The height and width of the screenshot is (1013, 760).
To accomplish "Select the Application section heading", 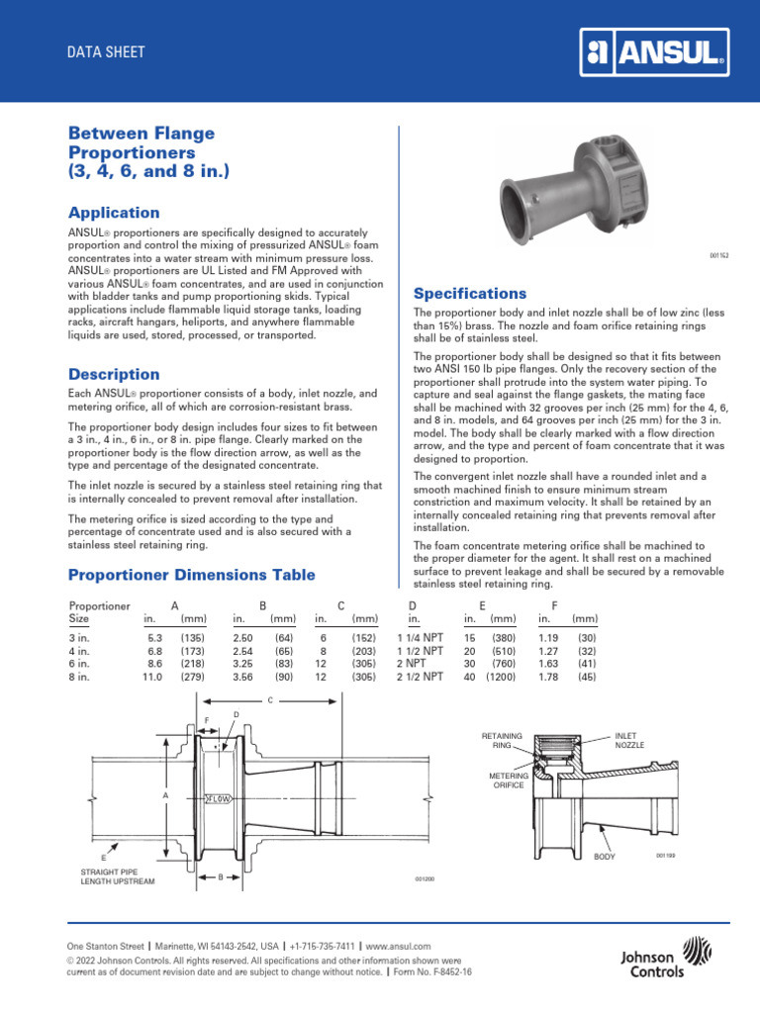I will click(113, 213).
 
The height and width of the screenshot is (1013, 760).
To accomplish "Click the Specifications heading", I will click(469, 294).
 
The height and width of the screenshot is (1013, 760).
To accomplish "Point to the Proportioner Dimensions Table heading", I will click(191, 575).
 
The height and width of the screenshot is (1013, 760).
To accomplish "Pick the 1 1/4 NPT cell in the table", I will click(420, 638).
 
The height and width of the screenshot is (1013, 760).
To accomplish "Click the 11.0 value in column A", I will click(148, 677).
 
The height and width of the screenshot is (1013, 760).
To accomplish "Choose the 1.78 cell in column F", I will click(548, 677).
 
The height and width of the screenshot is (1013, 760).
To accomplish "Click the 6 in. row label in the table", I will click(80, 664).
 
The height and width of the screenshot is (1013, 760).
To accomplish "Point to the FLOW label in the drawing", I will click(218, 796).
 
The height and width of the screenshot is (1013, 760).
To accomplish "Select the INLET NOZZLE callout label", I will click(629, 740).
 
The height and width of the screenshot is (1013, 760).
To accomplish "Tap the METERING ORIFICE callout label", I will click(509, 782).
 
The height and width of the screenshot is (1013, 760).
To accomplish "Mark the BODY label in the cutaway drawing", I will click(604, 857).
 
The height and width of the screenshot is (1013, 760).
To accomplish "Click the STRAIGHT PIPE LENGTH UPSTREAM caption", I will click(117, 875).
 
